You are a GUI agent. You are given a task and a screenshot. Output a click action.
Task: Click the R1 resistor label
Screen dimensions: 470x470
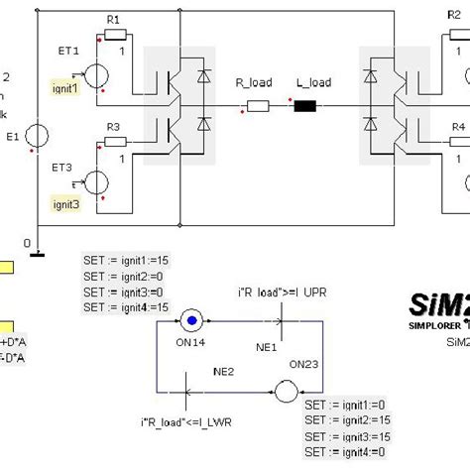(x=112, y=20)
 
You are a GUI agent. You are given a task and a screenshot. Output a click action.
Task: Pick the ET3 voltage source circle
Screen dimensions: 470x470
(x=97, y=182)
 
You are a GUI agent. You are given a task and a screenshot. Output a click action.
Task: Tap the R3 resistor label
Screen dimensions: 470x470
(x=112, y=127)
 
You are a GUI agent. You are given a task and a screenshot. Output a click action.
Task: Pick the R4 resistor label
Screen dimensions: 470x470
(x=457, y=127)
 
